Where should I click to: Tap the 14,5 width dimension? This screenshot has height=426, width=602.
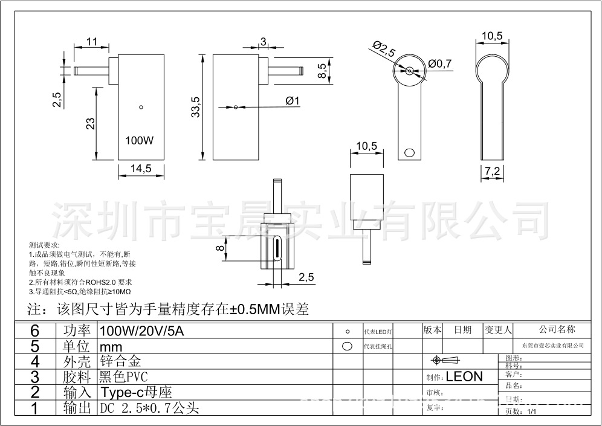click(x=141, y=169)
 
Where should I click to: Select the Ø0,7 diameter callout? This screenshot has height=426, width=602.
click(x=439, y=63)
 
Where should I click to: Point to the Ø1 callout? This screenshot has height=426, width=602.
click(x=293, y=101)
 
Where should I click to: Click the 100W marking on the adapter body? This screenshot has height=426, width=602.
click(x=140, y=141)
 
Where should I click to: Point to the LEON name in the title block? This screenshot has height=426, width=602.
click(x=464, y=376)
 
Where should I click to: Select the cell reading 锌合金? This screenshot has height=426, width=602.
click(x=121, y=361)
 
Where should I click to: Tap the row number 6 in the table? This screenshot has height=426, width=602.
click(x=34, y=331)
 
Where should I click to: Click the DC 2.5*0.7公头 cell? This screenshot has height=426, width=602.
click(x=149, y=408)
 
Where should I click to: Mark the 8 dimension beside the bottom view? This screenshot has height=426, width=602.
click(x=220, y=248)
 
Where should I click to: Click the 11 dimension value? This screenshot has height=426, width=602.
click(x=92, y=41)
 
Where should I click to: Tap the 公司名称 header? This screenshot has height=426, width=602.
click(x=557, y=329)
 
